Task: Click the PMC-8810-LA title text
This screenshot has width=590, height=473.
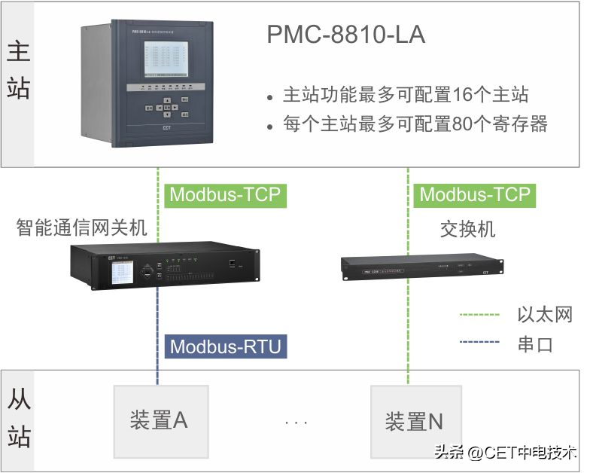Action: (345, 35)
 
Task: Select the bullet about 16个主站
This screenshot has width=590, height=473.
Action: (399, 95)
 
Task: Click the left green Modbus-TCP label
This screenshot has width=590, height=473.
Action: (224, 194)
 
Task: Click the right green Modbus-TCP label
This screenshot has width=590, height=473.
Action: (475, 194)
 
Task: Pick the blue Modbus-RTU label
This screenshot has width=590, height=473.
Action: (225, 346)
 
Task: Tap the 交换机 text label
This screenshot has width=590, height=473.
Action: (467, 228)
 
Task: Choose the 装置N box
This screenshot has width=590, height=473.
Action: (414, 420)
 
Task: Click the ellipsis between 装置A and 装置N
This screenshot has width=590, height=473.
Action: (297, 422)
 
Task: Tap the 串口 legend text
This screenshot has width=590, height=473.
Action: (535, 344)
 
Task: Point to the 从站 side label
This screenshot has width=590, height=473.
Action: (19, 418)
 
